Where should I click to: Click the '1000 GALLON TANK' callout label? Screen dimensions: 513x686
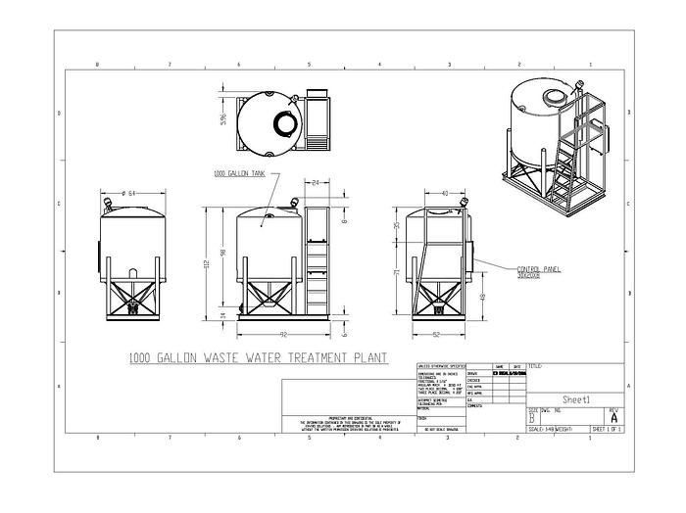coord(239,173)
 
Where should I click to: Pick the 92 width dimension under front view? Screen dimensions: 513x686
coord(282,335)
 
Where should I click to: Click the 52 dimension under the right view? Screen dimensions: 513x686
coord(434,335)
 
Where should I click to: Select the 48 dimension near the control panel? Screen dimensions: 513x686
coord(482,296)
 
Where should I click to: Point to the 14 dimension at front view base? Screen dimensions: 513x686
coord(223,314)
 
